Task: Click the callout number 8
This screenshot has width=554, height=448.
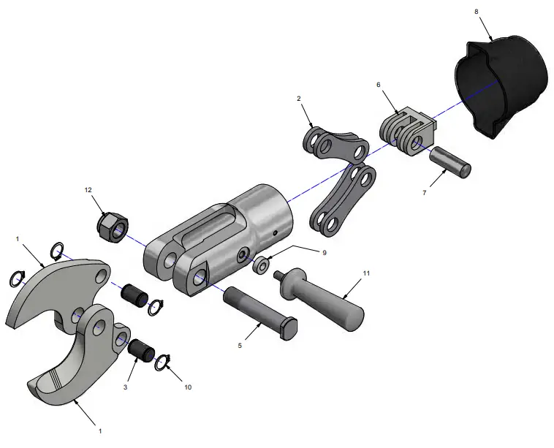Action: coord(477,12)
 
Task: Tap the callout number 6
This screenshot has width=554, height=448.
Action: coord(378,85)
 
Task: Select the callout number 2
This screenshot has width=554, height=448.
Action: coord(299,98)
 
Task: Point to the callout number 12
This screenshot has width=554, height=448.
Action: coord(88,191)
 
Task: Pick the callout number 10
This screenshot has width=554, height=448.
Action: coord(188,387)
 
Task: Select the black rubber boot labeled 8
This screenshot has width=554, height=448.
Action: coord(503,84)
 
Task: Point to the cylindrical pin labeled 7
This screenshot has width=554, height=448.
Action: coord(450,161)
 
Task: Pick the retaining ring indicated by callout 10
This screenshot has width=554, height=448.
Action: coord(162,362)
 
